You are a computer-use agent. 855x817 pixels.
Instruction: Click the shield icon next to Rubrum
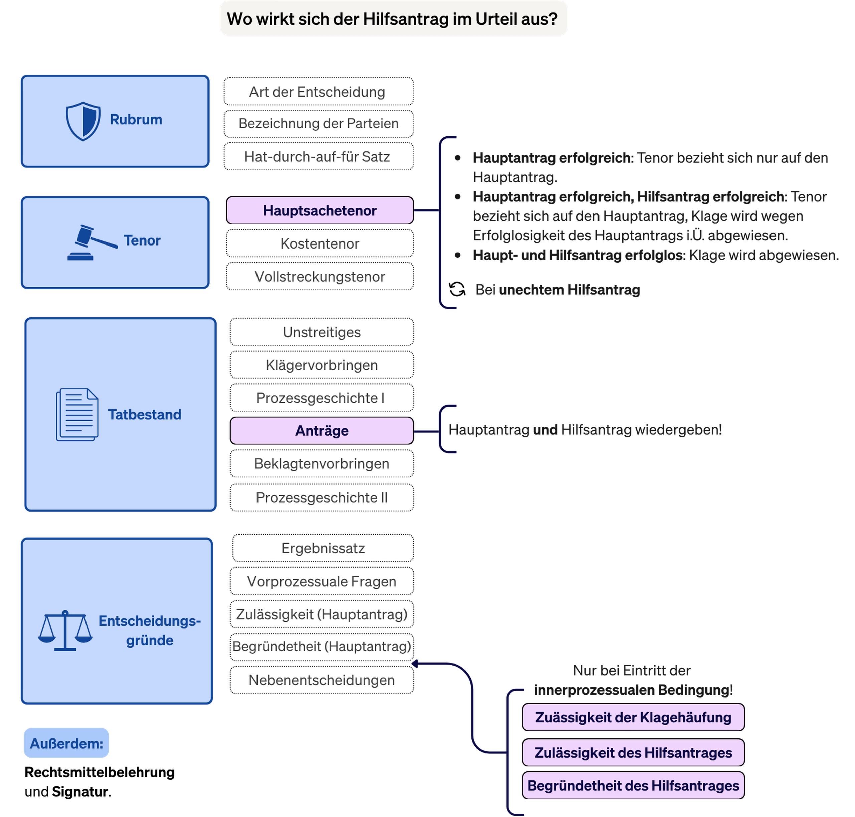coord(83,121)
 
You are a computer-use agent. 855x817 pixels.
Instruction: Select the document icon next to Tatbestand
coord(77,414)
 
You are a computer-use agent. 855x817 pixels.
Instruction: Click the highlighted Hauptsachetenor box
coord(319,210)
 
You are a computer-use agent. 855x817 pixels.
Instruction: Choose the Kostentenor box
coord(319,243)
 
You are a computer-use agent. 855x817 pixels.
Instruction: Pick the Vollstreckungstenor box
coord(319,277)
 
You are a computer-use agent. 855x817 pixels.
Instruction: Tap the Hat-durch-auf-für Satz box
coord(318,156)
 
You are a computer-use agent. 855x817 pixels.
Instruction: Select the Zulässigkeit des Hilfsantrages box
coord(633,752)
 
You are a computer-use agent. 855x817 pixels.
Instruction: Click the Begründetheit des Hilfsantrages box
coord(633,785)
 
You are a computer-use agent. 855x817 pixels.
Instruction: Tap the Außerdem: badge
coord(66,743)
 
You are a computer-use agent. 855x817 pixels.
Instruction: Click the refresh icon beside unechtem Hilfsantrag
coord(457,289)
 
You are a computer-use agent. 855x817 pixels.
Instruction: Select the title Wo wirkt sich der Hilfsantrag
coord(392,19)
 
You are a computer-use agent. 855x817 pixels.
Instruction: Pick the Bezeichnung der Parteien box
coord(318,123)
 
